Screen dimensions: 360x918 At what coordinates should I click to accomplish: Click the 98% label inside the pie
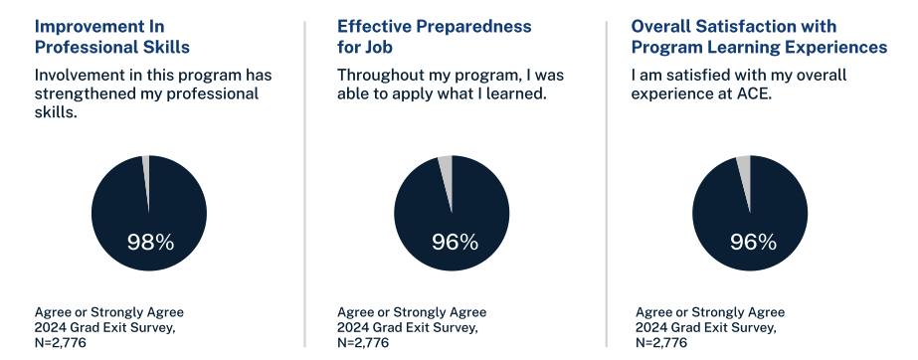click(150, 241)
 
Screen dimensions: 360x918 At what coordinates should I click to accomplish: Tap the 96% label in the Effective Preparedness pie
click(455, 241)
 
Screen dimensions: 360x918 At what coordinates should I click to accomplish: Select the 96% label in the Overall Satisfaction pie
click(753, 241)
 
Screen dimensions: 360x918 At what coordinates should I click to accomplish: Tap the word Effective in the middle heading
click(373, 26)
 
